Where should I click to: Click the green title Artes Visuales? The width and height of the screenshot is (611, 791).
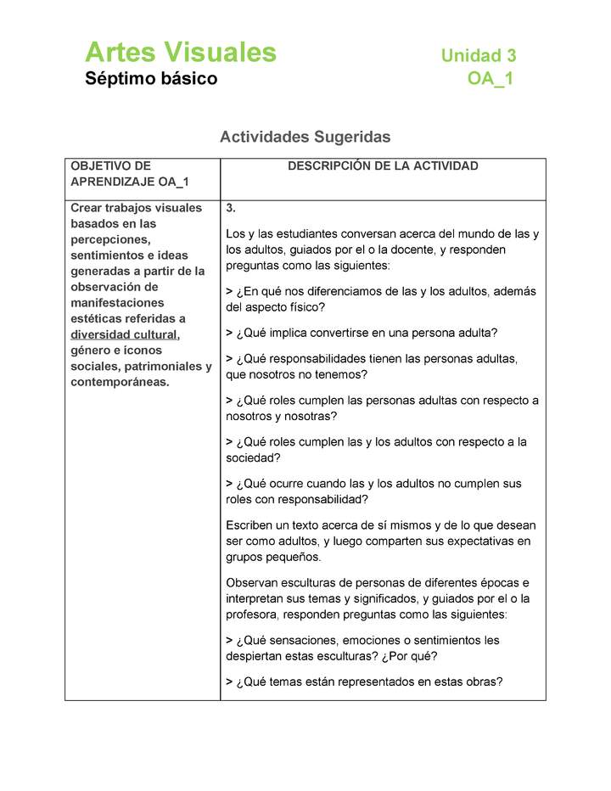[181, 53]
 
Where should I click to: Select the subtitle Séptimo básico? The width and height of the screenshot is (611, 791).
[151, 79]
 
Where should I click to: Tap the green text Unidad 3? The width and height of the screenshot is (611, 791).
[478, 56]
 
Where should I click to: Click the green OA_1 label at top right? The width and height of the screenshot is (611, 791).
[490, 80]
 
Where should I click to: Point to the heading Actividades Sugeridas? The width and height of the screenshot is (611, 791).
[305, 137]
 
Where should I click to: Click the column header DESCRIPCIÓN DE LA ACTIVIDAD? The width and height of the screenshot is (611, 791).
[383, 166]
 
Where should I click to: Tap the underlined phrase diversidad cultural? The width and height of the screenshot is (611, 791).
[124, 334]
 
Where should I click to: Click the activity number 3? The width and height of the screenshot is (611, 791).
[231, 209]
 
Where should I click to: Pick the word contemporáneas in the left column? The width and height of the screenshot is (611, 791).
[119, 382]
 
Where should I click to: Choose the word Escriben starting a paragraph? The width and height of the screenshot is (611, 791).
[251, 525]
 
